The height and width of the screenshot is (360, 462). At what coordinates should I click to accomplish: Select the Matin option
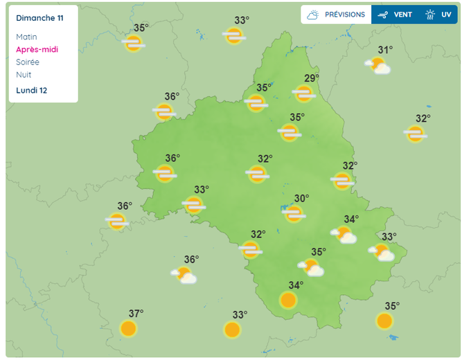[x=26, y=37]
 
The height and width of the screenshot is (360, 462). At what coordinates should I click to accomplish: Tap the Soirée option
[x=28, y=62]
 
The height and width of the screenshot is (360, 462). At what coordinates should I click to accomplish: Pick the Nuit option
[x=24, y=74]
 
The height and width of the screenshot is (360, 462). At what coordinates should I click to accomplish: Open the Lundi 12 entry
[x=32, y=90]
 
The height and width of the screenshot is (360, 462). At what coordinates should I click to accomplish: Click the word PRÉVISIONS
[x=344, y=15]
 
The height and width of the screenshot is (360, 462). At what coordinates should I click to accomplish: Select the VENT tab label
[x=403, y=15]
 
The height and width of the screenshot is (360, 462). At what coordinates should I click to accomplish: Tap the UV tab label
[x=446, y=15]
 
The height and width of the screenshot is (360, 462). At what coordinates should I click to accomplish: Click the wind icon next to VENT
[x=382, y=15]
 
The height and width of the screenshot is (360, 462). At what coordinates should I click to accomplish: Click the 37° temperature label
[x=136, y=313]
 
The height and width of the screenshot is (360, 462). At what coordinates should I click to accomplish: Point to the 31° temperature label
[x=385, y=50]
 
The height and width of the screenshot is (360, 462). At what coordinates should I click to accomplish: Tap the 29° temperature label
[x=311, y=78]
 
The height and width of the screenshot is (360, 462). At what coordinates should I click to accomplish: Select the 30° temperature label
[x=301, y=198]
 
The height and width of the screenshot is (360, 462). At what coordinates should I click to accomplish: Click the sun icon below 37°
[x=128, y=328]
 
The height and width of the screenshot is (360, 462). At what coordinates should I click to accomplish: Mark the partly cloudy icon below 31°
[x=378, y=66]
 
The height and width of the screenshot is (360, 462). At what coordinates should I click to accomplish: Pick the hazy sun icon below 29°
[x=303, y=93]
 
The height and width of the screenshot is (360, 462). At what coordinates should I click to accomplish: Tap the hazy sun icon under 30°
[x=294, y=214]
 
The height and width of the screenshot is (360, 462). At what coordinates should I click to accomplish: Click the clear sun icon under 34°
[x=288, y=300]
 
